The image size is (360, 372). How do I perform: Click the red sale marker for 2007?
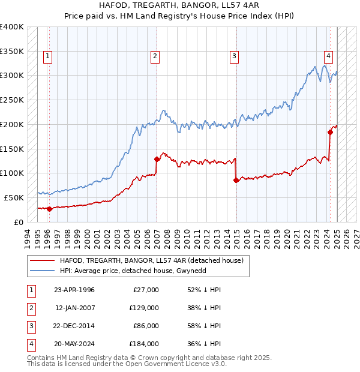pyautogui.click(x=157, y=159)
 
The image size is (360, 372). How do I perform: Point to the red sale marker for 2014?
pyautogui.click(x=236, y=180)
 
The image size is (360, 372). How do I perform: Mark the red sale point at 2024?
pyautogui.click(x=330, y=132)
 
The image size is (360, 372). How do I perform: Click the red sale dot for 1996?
pyautogui.click(x=49, y=209)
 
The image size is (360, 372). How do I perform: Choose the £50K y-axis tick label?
pyautogui.click(x=14, y=197)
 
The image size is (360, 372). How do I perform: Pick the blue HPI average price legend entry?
pyautogui.click(x=141, y=271)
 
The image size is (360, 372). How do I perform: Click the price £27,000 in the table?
pyautogui.click(x=145, y=290)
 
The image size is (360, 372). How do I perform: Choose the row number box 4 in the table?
pyautogui.click(x=30, y=344)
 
